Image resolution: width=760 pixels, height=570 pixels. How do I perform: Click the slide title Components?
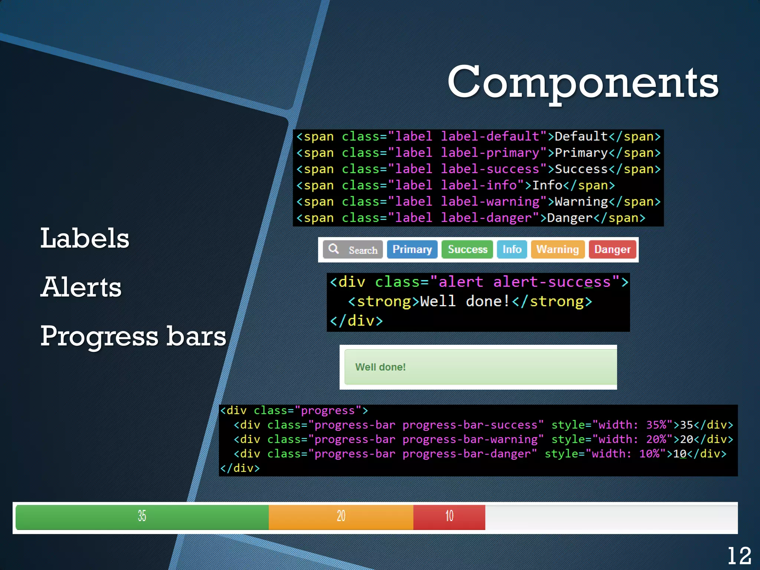coord(583,82)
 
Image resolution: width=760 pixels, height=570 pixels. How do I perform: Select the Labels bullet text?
coord(85,238)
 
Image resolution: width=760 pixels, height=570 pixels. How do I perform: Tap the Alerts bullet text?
coord(81,287)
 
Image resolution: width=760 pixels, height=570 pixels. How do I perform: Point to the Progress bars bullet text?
coord(133,336)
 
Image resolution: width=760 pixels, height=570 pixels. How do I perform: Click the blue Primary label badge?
coord(412,249)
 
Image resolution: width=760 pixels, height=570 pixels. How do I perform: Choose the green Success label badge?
coord(467,249)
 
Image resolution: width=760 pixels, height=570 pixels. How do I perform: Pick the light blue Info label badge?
coord(512,249)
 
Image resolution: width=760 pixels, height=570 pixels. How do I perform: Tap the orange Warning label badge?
coord(557,249)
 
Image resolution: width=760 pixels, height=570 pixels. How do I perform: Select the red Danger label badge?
coord(612,249)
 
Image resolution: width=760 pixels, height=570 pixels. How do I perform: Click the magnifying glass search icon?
coord(334,249)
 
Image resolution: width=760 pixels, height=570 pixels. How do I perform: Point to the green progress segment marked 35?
coord(142,517)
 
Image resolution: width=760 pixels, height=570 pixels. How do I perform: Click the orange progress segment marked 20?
coord(341,517)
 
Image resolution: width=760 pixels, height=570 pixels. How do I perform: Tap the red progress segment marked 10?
coord(449,517)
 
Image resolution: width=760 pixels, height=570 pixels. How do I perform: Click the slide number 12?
coord(739,556)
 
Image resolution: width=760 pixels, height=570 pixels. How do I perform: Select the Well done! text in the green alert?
coord(380,367)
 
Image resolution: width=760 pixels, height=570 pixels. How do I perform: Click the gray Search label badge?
coord(353,249)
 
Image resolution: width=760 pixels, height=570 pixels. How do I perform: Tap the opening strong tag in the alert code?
coord(380,301)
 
